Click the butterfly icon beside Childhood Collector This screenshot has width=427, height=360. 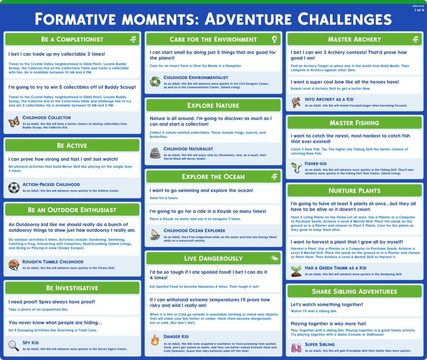pos(14,121)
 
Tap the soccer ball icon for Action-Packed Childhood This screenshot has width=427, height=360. pos(14,188)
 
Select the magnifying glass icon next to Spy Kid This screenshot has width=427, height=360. pos(14,346)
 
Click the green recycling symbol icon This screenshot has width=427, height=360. pos(155,81)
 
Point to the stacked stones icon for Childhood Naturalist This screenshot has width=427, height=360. pos(155,153)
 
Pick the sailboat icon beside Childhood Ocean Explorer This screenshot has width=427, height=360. pos(155,234)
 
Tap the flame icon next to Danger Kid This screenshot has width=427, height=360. pos(155,340)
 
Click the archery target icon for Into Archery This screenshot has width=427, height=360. pos(296,102)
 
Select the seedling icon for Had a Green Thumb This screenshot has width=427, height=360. pos(296,271)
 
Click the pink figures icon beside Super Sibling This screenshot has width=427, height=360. pos(296,348)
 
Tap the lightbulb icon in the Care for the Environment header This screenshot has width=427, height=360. pos(274,39)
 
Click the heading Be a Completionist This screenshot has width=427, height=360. pos(72,39)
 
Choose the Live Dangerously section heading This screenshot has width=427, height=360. pos(213,258)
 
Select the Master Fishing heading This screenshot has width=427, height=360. pos(354,123)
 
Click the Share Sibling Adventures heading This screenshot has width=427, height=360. pos(354,291)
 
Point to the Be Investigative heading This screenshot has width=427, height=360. pos(72,288)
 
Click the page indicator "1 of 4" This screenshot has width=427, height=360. pos(419,10)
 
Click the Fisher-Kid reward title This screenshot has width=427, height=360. pos(316,164)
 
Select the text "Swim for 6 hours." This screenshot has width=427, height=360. pos(164,198)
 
